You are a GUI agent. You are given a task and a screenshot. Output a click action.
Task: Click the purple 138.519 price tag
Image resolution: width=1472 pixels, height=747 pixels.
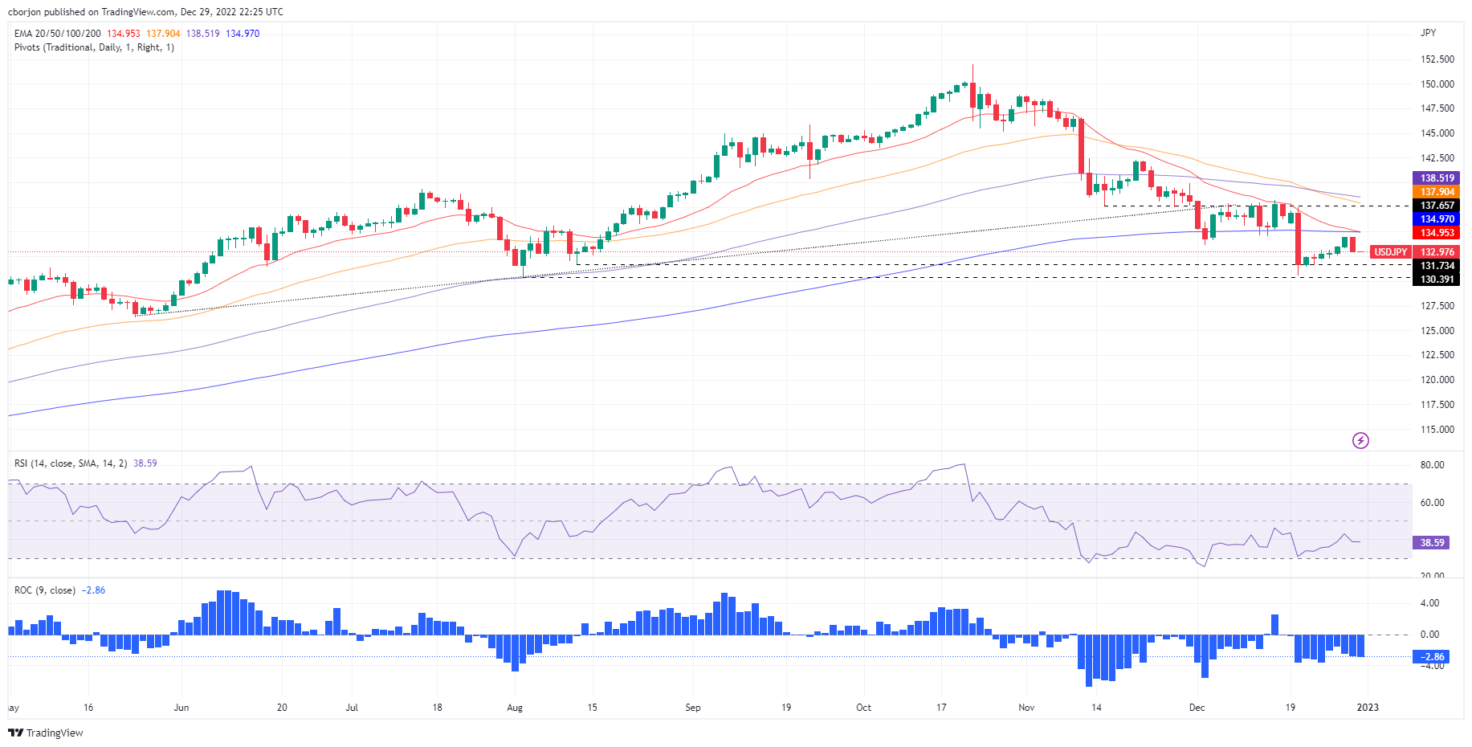pos(1437,178)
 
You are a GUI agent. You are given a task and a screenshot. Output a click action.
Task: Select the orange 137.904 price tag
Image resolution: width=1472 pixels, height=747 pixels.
pos(1437,192)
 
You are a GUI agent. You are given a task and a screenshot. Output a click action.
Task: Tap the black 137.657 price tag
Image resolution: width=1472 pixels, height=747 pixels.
pos(1437,206)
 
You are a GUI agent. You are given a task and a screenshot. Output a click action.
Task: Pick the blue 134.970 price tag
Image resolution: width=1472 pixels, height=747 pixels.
pos(1437,219)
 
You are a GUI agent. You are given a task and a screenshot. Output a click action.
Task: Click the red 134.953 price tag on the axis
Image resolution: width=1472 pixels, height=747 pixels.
pos(1437,233)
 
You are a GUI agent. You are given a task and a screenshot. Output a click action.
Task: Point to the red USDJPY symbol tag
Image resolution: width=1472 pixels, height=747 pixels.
pos(1390,252)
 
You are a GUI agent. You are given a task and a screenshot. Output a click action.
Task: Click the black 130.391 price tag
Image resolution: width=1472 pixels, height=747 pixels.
pos(1437,280)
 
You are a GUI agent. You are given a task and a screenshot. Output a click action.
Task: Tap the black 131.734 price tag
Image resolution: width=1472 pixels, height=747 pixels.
pos(1437,266)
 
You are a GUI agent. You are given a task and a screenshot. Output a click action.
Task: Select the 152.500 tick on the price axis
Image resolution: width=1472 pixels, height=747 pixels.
pos(1437,59)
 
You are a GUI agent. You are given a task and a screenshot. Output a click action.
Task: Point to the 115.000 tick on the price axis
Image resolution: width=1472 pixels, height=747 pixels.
pos(1437,430)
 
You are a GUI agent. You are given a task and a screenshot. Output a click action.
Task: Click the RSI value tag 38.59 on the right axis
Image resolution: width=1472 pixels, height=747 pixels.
pos(1432,543)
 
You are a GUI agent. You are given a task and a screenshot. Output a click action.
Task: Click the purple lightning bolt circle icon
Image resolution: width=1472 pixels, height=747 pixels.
pos(1360,440)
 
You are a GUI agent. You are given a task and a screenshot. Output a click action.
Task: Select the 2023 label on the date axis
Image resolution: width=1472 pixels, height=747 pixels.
pos(1367,708)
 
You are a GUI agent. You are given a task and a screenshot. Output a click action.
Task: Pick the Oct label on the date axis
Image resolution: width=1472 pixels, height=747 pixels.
pos(863,708)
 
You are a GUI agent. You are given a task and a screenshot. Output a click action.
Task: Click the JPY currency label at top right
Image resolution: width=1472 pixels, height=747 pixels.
pos(1428,33)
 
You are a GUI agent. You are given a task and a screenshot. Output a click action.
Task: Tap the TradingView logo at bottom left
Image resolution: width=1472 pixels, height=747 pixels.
pos(46,733)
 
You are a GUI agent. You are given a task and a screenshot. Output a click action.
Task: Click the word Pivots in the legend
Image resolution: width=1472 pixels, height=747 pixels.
pos(28,47)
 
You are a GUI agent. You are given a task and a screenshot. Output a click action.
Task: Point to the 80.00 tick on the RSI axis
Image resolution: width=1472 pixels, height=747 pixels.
pos(1432,465)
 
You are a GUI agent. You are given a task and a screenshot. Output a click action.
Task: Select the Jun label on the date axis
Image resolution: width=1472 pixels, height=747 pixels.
pos(181,708)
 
